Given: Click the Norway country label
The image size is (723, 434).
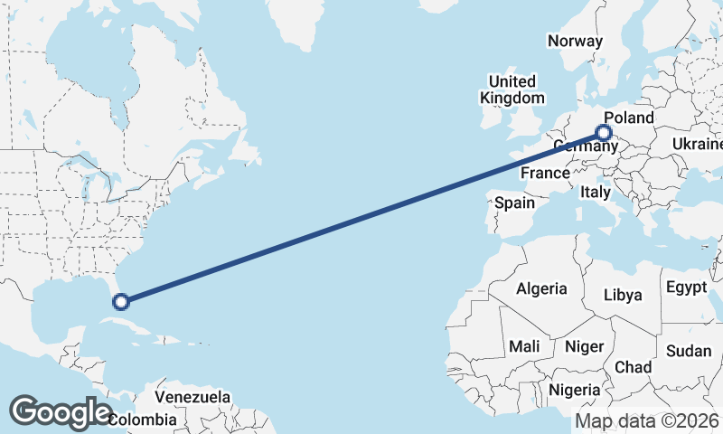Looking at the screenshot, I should coord(575,41).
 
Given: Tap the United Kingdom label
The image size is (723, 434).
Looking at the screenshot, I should coord(512,90).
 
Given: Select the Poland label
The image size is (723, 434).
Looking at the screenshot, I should coord(628,118).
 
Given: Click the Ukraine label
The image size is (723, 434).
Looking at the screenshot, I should coord(697,144).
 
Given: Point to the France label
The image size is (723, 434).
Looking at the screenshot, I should coord(545,173).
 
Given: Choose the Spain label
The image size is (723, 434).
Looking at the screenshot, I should coord(514,203).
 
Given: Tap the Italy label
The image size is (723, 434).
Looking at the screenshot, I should coord(596,192).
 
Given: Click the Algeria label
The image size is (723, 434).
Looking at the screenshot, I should coord(541,289).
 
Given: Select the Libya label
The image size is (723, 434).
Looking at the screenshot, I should coord(623,295).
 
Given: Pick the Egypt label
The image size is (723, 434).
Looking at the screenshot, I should coord(686,288).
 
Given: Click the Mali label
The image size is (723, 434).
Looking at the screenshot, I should coord(524,345).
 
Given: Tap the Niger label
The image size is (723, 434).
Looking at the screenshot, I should coord(584,346).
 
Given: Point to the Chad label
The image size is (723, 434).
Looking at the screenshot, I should coord(633,367).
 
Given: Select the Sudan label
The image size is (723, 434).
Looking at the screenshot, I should coord(688,351).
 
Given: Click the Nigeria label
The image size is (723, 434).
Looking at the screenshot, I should coord(575,390).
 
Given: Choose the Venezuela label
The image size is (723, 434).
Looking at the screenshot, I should coord(192,397).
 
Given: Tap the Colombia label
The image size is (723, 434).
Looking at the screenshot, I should coord(142,420).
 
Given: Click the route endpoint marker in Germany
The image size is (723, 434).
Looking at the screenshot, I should coord(604,134).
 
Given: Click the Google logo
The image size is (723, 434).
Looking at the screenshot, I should coord(61,411).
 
